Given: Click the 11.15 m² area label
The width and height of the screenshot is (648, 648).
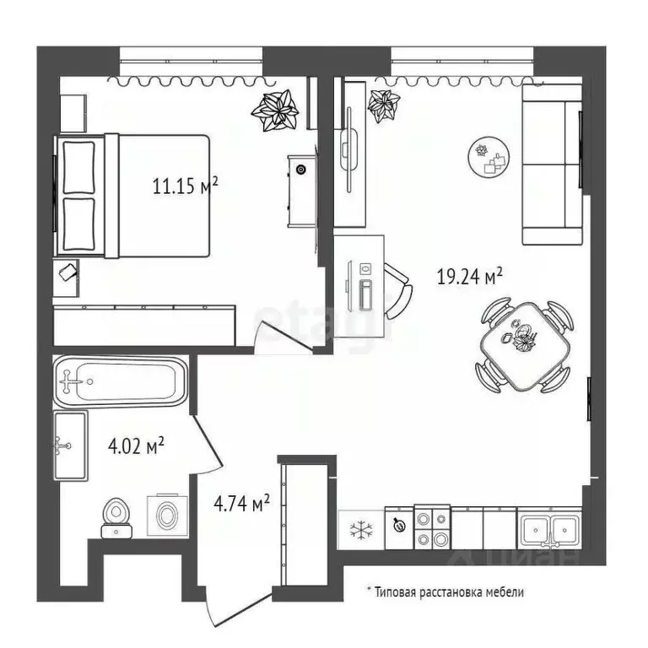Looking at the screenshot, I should pyautogui.click(x=186, y=186).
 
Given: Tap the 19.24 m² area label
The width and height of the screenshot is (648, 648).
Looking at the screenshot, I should pyautogui.click(x=470, y=276).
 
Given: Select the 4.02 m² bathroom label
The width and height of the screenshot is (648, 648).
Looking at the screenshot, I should pyautogui.click(x=136, y=445).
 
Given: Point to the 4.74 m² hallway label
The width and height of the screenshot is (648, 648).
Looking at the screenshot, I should pyautogui.click(x=241, y=505).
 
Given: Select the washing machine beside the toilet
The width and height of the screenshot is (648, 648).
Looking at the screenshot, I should pyautogui.click(x=166, y=514).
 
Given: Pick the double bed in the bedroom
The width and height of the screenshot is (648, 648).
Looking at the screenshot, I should pyautogui.click(x=135, y=197).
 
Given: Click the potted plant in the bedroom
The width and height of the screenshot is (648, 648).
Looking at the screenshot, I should pyautogui.click(x=277, y=111).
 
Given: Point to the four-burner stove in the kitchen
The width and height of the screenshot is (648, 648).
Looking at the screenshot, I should pyautogui.click(x=432, y=527).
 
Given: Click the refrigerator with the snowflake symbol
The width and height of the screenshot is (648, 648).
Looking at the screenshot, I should pyautogui.click(x=361, y=529).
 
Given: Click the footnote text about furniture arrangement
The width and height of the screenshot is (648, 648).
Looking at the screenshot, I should pyautogui.click(x=445, y=592).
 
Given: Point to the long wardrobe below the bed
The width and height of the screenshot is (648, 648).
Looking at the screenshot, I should pyautogui.click(x=146, y=323).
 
